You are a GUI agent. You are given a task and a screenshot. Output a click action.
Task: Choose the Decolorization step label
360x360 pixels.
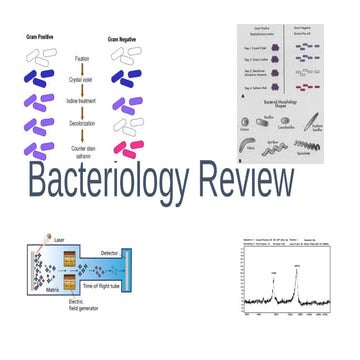(84, 126)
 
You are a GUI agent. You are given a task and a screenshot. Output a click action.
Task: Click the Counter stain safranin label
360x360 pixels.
(84, 151)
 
